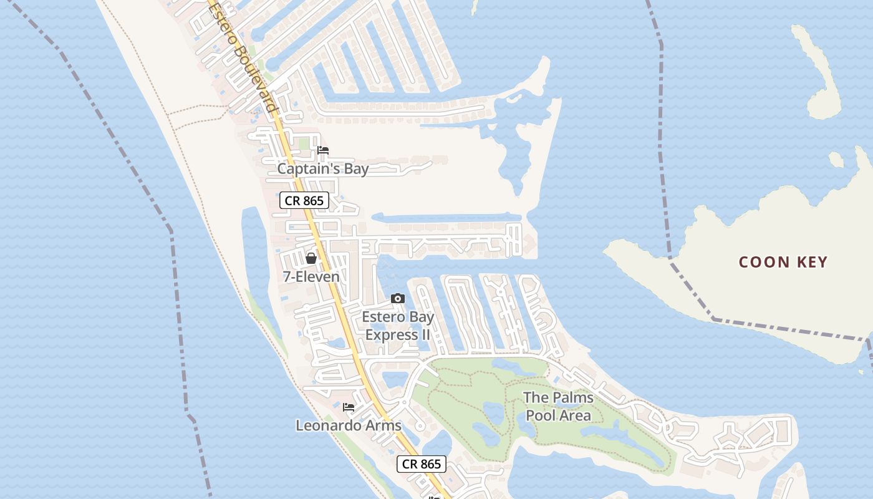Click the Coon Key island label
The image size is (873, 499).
click(783, 262)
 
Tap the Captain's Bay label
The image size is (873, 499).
click(322, 169)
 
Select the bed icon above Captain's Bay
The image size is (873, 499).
click(323, 150)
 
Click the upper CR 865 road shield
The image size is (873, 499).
click(304, 200)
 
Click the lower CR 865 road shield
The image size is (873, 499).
click(422, 463)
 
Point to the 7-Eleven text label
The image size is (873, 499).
click(311, 276)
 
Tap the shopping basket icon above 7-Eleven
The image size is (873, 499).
click(311, 258)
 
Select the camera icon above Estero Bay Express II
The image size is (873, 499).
click(397, 299)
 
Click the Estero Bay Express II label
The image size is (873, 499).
click(398, 326)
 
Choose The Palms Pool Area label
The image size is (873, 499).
click(558, 406)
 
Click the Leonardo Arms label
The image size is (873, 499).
click(348, 425)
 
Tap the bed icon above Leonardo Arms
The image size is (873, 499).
click(349, 407)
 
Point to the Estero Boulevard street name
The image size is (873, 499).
click(244, 56)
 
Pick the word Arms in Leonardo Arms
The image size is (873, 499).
click(385, 425)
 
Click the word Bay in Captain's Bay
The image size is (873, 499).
click(356, 169)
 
